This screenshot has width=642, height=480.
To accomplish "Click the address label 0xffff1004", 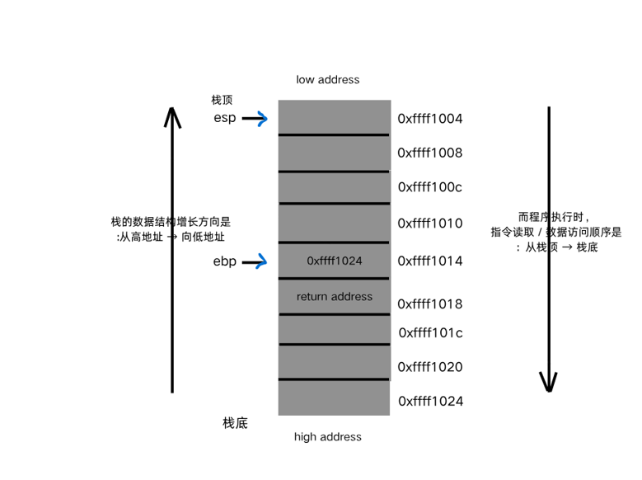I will click(430, 119).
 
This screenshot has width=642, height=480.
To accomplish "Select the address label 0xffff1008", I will click(430, 153).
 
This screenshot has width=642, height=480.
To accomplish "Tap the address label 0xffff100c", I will click(430, 187).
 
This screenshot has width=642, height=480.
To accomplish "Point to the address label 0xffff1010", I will click(430, 224).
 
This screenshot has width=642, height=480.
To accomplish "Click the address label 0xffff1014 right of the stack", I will click(430, 261).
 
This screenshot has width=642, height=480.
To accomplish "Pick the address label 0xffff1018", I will click(430, 304).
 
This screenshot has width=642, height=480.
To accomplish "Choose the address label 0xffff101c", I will click(431, 333).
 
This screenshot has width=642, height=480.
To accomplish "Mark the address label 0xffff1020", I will click(430, 367).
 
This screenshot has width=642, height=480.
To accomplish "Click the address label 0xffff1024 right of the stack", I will click(430, 402).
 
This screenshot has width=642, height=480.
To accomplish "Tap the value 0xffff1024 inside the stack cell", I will click(335, 261).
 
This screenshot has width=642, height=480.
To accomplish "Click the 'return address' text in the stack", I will click(335, 297).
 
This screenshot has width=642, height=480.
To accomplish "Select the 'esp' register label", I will click(224, 118).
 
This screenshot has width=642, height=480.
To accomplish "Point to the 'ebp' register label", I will click(224, 261).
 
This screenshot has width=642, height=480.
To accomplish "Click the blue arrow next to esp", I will click(255, 119).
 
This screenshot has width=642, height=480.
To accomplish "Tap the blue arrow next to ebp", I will click(255, 262).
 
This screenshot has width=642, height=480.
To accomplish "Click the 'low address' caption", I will click(328, 80).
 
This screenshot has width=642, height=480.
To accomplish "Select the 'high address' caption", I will click(328, 437).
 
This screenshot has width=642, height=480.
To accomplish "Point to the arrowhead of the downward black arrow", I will click(549, 383).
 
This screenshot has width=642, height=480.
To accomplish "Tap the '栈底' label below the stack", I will click(235, 423).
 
